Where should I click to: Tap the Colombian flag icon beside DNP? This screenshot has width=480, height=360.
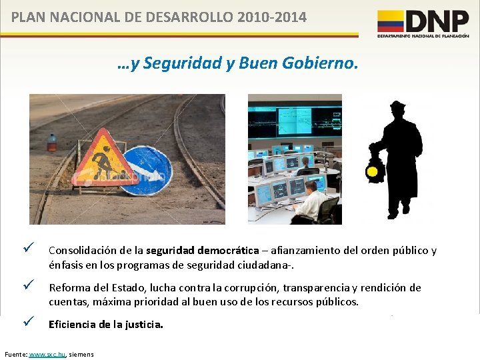pos(391,21)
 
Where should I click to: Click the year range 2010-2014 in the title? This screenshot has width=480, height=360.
pos(271,17)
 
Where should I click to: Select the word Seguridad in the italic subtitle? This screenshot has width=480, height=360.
pos(177,64)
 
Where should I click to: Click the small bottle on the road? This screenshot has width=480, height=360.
pos(52,143)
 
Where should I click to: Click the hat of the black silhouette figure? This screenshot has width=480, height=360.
pos(398,106)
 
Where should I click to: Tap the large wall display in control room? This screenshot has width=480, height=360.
pos(293,120)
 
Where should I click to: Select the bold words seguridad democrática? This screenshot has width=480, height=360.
pos(213,251)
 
